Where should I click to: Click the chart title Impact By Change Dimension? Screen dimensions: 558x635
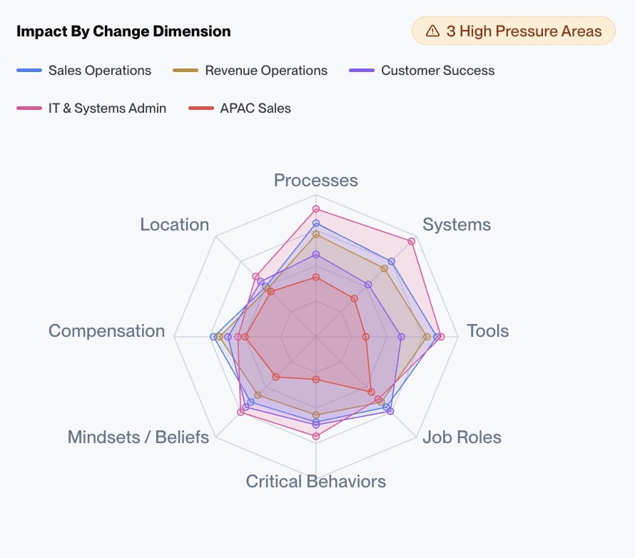123,31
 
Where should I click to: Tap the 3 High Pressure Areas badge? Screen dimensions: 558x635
513,31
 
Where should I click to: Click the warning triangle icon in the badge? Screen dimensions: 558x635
432,31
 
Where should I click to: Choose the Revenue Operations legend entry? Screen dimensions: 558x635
250,71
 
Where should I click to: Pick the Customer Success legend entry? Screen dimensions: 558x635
422,71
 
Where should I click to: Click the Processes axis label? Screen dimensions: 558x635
316,180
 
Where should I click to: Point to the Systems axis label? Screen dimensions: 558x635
457,225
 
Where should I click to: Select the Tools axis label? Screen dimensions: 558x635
487,331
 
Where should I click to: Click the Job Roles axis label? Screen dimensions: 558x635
462,437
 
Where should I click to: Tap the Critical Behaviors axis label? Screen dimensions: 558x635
316,482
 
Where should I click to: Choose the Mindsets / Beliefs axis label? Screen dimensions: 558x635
138,437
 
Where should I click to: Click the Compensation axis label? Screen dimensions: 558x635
107,331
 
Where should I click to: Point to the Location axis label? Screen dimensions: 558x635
175,225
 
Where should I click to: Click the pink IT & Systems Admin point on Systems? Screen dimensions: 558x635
412,241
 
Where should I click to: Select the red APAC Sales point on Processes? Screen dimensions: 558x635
316,277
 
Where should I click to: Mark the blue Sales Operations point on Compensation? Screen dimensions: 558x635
213,337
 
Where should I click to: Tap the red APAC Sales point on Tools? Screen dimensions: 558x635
365,337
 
